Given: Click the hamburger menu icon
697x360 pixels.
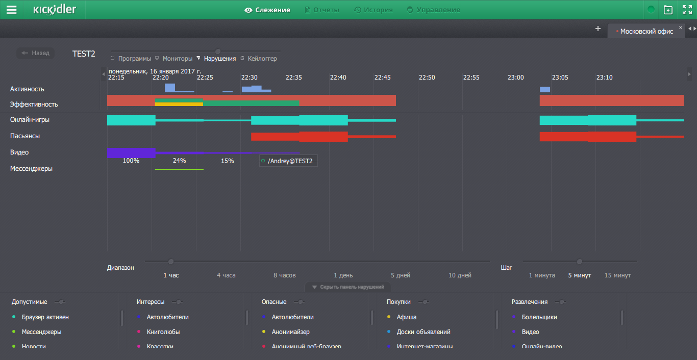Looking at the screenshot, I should (x=11, y=10).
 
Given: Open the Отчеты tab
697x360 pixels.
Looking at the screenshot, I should (x=322, y=10).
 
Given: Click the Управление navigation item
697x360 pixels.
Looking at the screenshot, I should (x=433, y=10).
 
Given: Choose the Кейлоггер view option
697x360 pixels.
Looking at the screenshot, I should (x=262, y=59).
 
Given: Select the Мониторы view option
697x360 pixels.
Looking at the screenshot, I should (x=177, y=59).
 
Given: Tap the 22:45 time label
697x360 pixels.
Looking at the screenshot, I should (x=383, y=78).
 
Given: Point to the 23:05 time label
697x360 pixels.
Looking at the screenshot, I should (x=560, y=78).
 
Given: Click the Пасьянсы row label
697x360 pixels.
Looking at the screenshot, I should (x=25, y=136).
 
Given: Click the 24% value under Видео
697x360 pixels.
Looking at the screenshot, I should (x=179, y=161).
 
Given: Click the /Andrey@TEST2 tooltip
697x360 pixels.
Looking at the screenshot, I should (x=288, y=161).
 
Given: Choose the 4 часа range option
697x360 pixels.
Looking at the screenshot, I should (x=226, y=275).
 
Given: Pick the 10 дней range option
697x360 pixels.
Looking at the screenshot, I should (x=460, y=275).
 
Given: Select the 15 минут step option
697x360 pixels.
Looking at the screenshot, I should (x=617, y=275).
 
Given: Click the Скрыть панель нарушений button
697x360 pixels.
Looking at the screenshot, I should (x=348, y=287).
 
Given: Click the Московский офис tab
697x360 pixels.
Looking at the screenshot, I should (x=646, y=31).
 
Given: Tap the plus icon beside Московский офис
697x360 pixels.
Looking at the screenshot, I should (x=598, y=29).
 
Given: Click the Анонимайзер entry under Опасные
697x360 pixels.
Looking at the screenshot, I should (x=290, y=332).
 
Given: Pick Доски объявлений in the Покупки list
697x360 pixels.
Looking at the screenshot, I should (x=424, y=332).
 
